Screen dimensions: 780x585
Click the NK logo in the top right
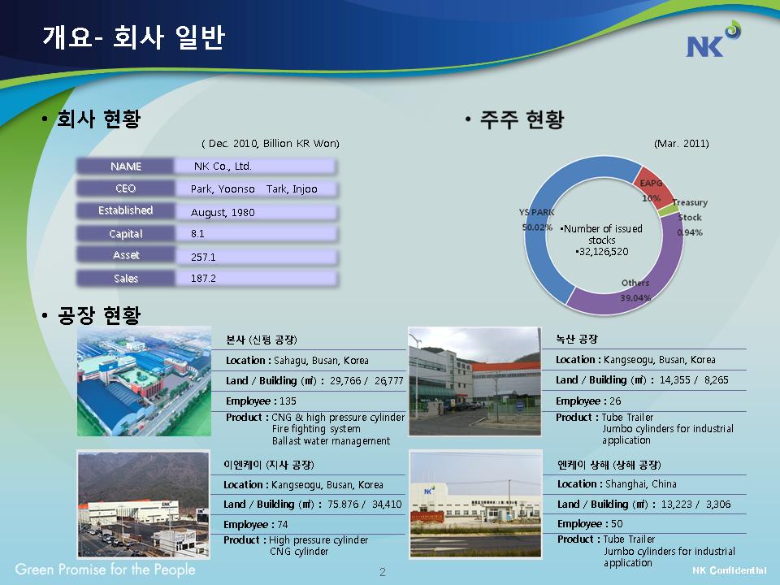pos(713,39)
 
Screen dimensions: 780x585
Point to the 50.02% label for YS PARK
pos(537,227)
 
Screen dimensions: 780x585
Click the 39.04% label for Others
pos(635,297)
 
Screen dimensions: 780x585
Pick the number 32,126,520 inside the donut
pos(602,252)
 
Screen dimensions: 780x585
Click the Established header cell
pos(125,210)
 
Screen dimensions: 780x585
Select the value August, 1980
pos(223,212)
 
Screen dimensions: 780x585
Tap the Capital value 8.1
pos(197,233)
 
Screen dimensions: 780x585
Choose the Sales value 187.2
pos(203,278)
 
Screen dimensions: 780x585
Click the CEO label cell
pos(125,188)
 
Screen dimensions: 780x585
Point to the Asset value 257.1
pos(203,257)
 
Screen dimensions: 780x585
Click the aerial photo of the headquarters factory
pos(144,381)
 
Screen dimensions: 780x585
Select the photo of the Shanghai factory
pos(475,505)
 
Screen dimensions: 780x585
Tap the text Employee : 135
pos(261,401)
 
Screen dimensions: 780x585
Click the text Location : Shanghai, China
pos(617,484)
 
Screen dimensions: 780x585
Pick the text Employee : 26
pos(588,401)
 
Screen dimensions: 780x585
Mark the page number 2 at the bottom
pos(382,572)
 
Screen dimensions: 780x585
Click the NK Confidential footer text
pos(730,570)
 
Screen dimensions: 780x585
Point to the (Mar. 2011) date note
pos(682,144)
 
